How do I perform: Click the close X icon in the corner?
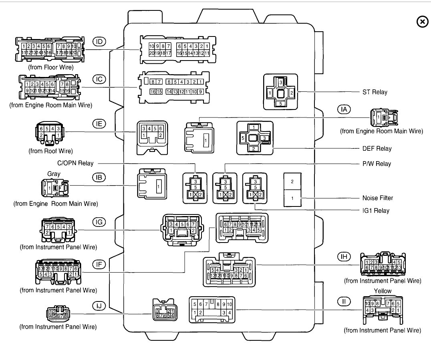pyautogui.click(x=422, y=22)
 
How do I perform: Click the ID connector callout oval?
pyautogui.click(x=99, y=41)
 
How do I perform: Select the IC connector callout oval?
pyautogui.click(x=99, y=79)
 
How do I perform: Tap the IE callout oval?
pyautogui.click(x=99, y=124)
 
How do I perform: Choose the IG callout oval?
pyautogui.click(x=99, y=222)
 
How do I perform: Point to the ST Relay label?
pyautogui.click(x=375, y=92)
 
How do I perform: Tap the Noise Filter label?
pyautogui.click(x=377, y=198)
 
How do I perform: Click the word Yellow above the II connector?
pyautogui.click(x=382, y=291)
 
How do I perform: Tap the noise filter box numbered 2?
pyautogui.click(x=292, y=182)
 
